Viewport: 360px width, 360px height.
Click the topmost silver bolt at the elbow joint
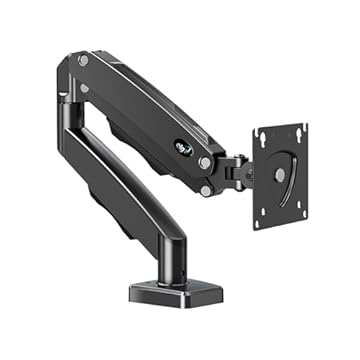83,61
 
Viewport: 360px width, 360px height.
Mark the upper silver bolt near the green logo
204,161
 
